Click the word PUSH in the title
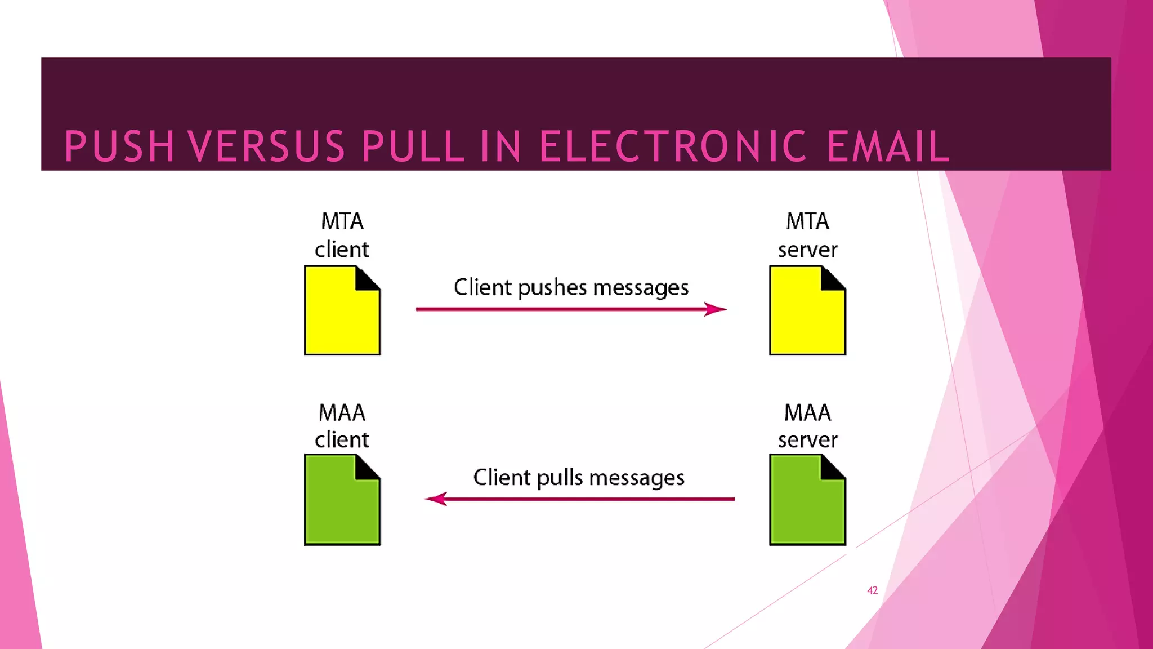click(119, 146)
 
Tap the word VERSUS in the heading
click(266, 146)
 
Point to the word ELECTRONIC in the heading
click(673, 146)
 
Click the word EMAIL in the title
click(888, 146)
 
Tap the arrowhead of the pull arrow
click(435, 499)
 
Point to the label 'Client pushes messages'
click(571, 287)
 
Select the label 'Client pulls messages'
click(579, 478)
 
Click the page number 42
click(872, 590)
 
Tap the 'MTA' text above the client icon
click(342, 221)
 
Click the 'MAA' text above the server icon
click(807, 413)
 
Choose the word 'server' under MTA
click(807, 250)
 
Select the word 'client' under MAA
click(342, 440)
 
